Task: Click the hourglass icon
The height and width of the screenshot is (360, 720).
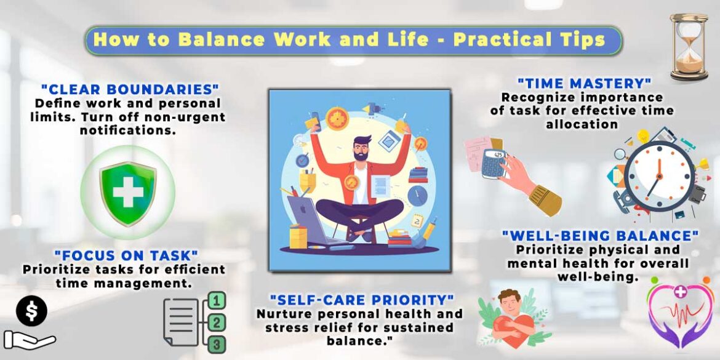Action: tap(689, 47)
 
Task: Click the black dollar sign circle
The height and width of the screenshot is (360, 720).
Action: tap(31, 311)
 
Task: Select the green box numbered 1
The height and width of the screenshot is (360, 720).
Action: tap(217, 300)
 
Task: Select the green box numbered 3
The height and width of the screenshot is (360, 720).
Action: tap(217, 344)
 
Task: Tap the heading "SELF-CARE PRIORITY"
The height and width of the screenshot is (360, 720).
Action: tap(362, 300)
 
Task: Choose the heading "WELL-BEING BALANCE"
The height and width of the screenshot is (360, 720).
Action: tap(600, 236)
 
